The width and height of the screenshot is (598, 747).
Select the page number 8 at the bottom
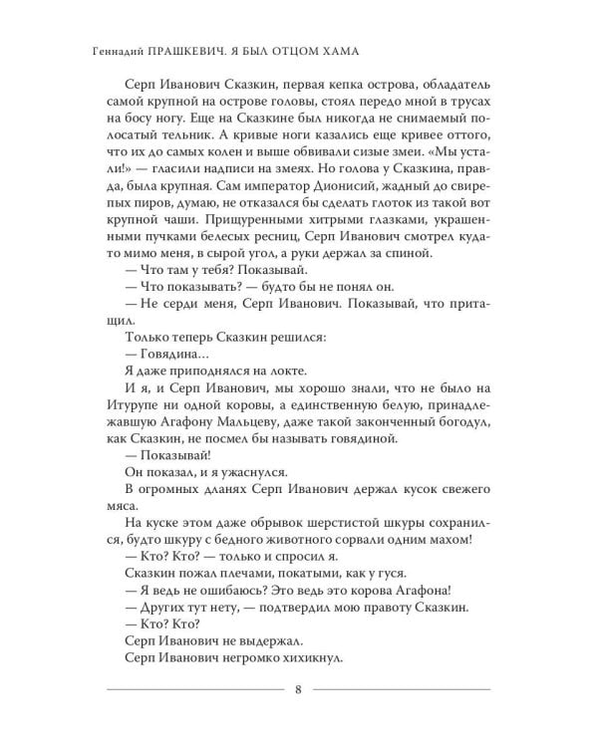pos(298,692)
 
